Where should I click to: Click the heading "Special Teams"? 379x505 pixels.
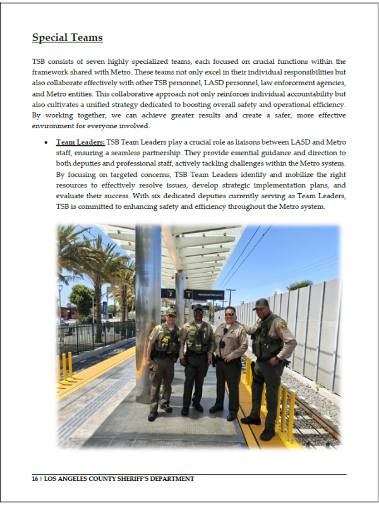pos(67,38)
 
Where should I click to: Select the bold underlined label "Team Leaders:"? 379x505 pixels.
pos(80,143)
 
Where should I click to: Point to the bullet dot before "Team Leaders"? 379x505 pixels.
pos(46,143)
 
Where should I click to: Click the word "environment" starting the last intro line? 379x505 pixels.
pos(52,126)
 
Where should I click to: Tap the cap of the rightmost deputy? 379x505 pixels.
pos(261,303)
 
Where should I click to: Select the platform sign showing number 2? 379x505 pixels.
pos(167,294)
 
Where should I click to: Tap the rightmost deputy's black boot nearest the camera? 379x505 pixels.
pos(250,420)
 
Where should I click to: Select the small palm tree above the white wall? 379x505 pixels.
pos(299,285)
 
